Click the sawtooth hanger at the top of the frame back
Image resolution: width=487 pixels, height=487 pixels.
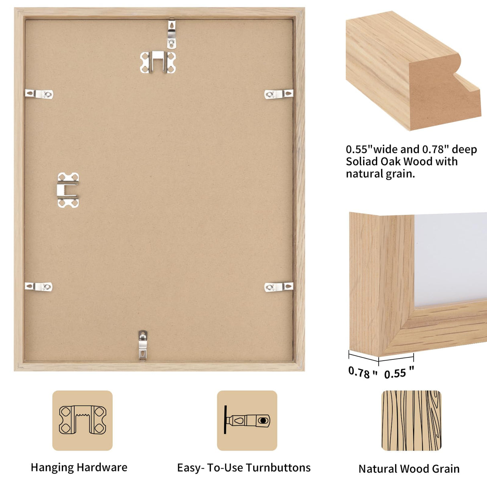[158, 62]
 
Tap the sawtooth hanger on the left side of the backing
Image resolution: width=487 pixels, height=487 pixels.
[68, 190]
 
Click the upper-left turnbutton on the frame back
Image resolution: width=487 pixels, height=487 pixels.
[39, 94]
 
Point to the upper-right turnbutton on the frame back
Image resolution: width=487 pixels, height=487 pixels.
[278, 94]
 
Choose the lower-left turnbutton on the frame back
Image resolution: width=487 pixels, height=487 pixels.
[39, 286]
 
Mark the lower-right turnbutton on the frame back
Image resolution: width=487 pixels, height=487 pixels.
[278, 286]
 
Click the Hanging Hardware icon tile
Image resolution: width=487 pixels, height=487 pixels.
[82, 420]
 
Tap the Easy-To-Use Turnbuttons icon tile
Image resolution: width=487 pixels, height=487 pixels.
[247, 420]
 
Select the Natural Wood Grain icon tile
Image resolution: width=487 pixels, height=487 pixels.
[411, 420]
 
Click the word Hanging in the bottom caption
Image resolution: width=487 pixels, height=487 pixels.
[52, 468]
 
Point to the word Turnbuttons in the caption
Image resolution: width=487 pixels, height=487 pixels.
[278, 468]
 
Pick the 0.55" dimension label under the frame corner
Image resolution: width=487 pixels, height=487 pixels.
[399, 373]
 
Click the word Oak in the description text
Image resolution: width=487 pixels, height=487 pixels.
[389, 162]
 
